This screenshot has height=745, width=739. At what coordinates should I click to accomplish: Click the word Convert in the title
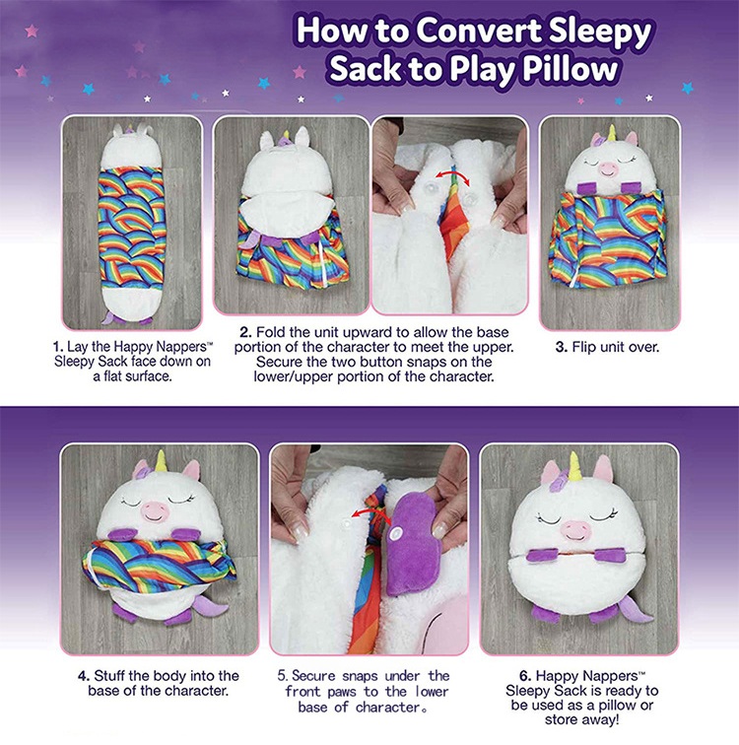pos(479,31)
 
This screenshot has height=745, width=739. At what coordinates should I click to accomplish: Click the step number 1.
pos(57,347)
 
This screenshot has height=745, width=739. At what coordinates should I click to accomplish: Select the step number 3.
pos(561,347)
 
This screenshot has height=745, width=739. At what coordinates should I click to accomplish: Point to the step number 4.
pos(84,676)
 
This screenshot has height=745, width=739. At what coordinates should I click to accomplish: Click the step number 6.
pos(525,676)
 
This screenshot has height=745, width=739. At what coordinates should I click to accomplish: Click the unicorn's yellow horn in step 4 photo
pos(162,460)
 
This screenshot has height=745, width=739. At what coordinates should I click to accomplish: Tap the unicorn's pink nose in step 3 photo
pos(607,169)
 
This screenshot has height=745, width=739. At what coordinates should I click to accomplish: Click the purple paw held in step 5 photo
pos(412,543)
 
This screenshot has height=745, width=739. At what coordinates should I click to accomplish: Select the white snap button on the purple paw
pos(395,534)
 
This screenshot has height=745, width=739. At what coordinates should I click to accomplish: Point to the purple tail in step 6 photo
pos(636,610)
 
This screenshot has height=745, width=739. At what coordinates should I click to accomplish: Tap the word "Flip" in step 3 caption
pos(583,348)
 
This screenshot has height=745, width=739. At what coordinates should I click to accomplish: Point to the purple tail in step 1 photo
pos(111,318)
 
